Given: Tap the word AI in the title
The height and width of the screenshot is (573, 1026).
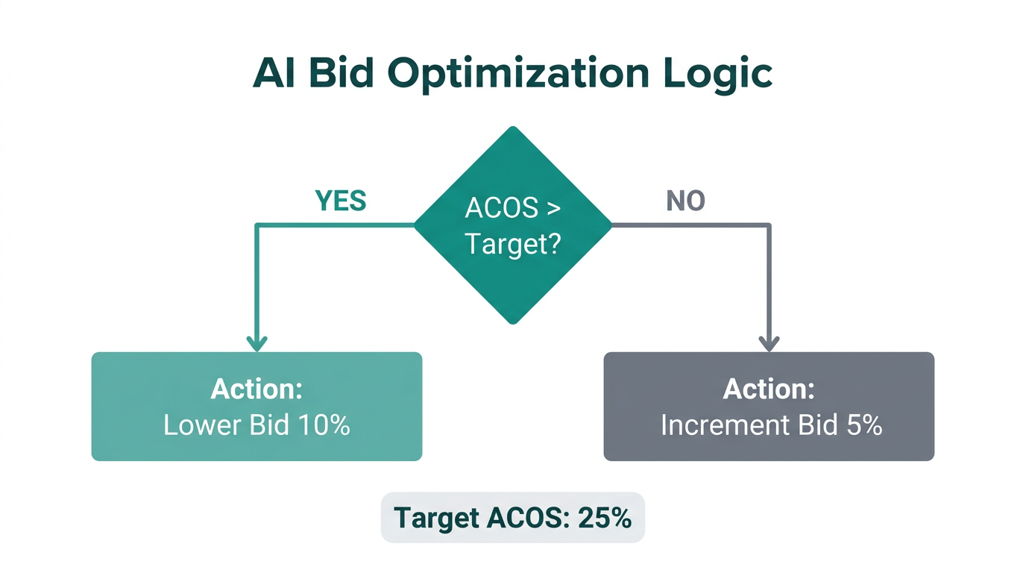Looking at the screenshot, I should [x=271, y=72].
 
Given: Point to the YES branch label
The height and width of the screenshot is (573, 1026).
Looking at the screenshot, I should [x=341, y=201].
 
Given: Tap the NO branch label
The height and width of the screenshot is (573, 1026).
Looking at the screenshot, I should [x=685, y=201].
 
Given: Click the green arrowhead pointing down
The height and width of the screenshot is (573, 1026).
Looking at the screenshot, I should [x=256, y=342].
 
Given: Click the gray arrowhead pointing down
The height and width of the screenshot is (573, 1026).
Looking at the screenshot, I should [x=769, y=342].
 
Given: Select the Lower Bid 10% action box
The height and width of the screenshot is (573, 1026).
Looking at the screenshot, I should [x=256, y=406].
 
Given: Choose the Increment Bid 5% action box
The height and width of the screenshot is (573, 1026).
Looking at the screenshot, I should [x=769, y=406].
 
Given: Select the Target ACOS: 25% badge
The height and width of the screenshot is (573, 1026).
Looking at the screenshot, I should [x=512, y=517].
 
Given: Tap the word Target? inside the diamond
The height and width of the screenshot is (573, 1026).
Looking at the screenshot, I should [x=512, y=243].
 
